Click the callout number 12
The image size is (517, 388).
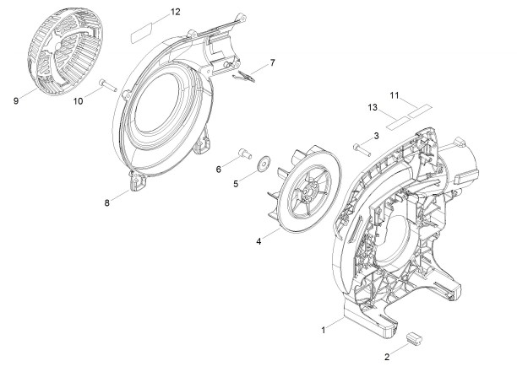coord(176,12)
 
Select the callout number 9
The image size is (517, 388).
coord(16,100)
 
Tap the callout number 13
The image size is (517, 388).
coord(373,107)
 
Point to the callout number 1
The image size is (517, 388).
coord(324,330)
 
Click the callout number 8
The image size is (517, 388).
coord(106,202)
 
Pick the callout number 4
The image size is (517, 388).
coord(258,241)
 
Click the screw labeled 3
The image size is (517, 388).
coord(362,150)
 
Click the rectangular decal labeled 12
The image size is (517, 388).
coord(142,32)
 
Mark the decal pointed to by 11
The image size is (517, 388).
coord(420,110)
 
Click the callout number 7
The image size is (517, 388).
coord(272,62)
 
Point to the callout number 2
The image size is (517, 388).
coord(387,357)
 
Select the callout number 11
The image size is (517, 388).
coord(395,95)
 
